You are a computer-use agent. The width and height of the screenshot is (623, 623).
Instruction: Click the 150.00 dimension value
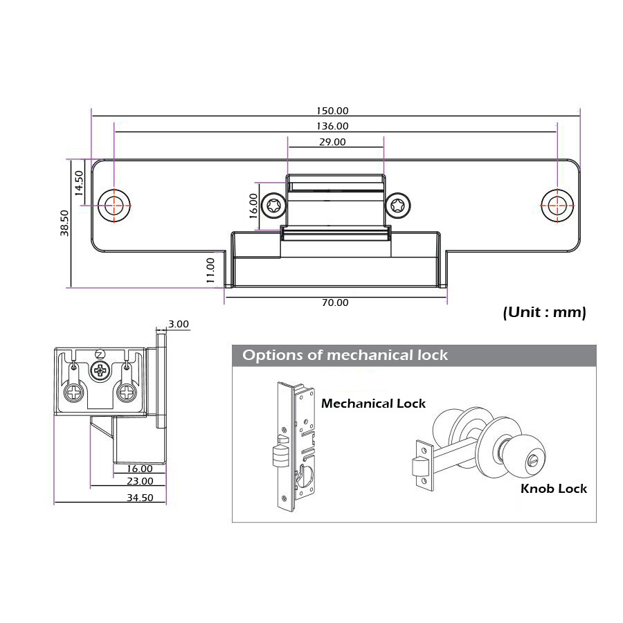coord(333,111)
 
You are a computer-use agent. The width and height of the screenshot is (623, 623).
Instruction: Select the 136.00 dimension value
coord(333,126)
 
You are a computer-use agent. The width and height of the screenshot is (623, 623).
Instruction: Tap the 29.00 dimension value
coord(332,142)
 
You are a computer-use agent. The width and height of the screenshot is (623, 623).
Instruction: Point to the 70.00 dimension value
coord(336,303)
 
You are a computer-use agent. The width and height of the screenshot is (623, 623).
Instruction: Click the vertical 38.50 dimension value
coord(64,223)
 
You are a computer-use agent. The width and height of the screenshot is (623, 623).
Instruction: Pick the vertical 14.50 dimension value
coord(79,183)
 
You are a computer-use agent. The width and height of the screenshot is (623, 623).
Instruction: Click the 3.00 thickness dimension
coord(178,323)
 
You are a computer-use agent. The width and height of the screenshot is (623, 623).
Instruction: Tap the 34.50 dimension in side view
coord(139,497)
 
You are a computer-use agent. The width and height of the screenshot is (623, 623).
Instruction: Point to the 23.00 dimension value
coord(140,481)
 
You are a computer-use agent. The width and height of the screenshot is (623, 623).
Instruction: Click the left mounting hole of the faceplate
coord(114,205)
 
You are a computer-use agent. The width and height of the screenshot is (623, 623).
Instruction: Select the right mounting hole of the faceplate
coord(557,206)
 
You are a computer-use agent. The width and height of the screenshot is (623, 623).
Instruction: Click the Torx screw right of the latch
coord(397,206)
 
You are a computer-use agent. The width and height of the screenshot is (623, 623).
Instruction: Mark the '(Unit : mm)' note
coord(544,312)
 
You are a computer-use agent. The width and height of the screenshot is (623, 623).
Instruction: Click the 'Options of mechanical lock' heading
coord(345,356)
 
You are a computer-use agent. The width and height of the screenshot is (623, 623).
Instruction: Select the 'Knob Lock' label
coord(553,489)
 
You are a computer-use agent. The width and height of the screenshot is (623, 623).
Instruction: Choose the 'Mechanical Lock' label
coord(373,403)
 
